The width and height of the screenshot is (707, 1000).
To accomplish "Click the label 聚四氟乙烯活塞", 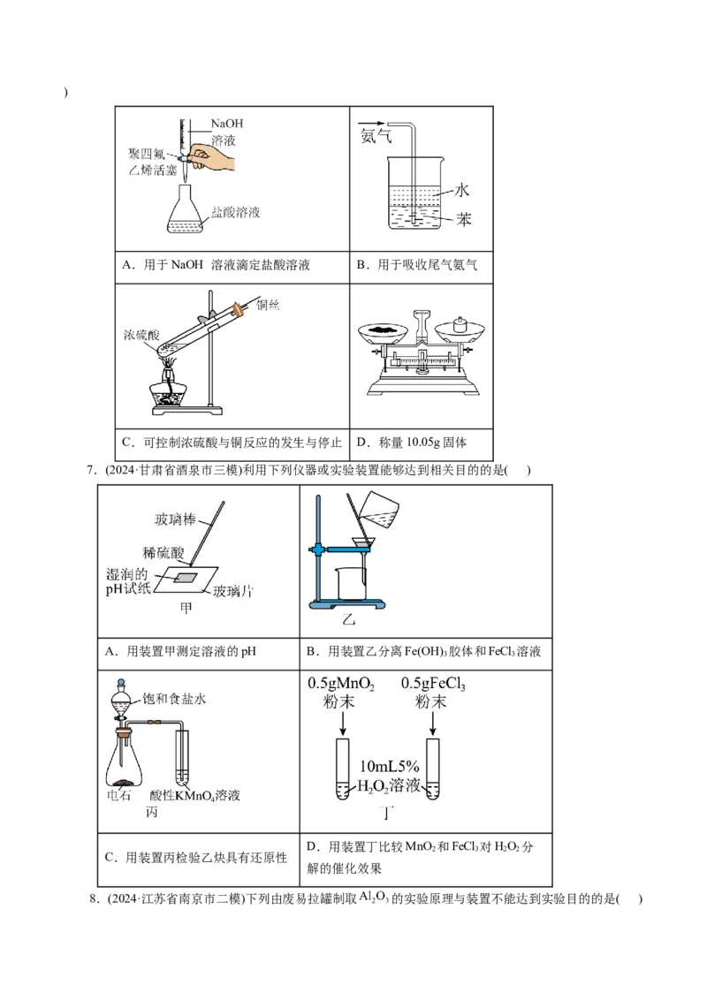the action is [153, 162].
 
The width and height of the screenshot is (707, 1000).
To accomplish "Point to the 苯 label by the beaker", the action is [463, 219].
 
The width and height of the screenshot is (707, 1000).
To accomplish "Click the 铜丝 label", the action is [268, 305].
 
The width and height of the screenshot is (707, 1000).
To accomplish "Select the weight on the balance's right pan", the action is [460, 324].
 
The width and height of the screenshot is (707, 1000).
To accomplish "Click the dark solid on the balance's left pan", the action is [383, 330].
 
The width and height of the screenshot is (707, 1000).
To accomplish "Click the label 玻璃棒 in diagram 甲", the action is [175, 519].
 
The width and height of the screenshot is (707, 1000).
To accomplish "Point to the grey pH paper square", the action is [186, 577].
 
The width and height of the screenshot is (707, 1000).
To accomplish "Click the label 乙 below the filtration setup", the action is [348, 618].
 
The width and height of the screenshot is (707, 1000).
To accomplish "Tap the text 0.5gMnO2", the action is [341, 684].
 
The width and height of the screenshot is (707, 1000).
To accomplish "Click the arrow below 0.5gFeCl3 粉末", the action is [433, 723].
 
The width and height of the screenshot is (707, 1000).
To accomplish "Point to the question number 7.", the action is [91, 471].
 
